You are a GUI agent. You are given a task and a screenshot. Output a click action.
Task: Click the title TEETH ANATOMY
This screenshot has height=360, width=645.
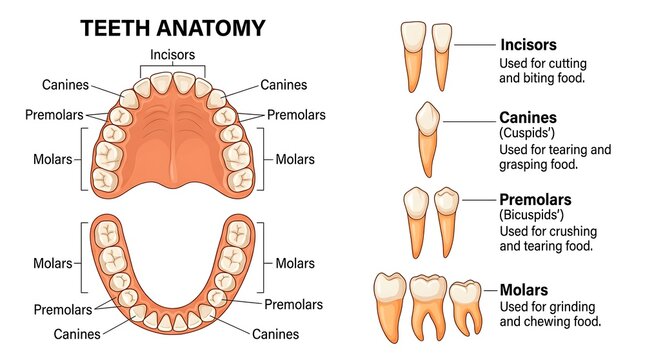(173, 28)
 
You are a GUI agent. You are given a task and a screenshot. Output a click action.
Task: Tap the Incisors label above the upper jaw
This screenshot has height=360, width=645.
(172, 54)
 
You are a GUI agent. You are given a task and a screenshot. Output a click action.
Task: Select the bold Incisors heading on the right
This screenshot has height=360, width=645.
(528, 44)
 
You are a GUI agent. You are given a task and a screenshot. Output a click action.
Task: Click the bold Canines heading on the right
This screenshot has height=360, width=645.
(528, 118)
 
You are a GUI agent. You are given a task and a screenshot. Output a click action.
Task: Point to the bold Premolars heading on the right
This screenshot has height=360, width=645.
(535, 200)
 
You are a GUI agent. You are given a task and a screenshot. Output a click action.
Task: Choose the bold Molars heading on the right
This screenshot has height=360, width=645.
(524, 290)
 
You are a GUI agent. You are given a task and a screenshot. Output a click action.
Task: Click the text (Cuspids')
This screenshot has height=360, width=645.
(527, 133)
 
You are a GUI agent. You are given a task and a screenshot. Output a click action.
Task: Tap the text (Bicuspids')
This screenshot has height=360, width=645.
(531, 215)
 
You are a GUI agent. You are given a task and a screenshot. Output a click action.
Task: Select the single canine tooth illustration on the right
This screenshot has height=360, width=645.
(427, 139)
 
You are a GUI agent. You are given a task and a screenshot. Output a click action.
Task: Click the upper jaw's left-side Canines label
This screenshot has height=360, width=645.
(65, 85)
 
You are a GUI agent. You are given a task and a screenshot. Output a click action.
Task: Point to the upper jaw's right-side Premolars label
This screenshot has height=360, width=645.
(296, 115)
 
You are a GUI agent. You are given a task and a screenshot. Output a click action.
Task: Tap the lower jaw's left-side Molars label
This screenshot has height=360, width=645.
(53, 263)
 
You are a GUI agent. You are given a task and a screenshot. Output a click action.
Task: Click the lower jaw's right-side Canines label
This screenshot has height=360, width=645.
(275, 334)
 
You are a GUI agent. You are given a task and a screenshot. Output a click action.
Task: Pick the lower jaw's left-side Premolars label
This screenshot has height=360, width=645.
(63, 309)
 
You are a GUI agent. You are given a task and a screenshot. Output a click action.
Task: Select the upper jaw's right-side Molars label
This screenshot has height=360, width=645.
(295, 159)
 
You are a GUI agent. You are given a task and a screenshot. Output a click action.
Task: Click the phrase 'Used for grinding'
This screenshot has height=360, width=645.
(548, 307)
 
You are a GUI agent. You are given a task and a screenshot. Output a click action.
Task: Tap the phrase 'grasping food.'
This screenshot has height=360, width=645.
(538, 165)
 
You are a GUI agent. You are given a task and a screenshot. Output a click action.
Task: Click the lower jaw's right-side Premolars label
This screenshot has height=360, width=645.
(293, 304)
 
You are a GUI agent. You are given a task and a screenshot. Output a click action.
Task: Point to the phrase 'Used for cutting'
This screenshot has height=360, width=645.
(543, 63)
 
